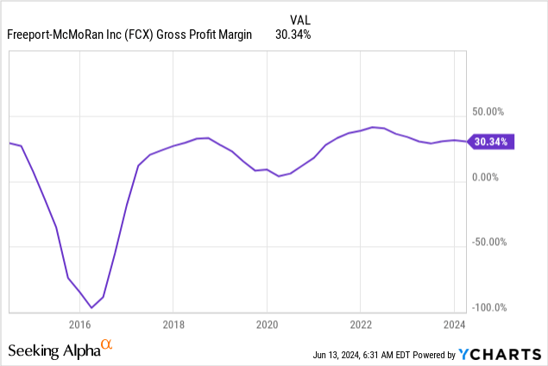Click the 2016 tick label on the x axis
[x=79, y=325]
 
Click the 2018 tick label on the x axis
[x=173, y=325]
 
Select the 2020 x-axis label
[x=267, y=325]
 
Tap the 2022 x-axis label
[x=360, y=325]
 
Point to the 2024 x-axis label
[x=454, y=325]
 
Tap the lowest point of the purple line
[x=91, y=306]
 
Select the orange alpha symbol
[x=107, y=345]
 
